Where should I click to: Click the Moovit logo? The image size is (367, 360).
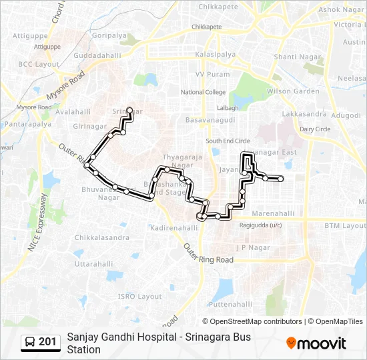click(x=316, y=343)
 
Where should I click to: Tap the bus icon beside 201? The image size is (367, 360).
click(x=30, y=343)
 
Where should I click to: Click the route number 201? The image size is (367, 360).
click(x=47, y=343)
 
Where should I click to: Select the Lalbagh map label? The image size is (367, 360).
click(x=228, y=107)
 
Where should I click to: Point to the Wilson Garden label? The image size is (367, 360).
click(x=293, y=91)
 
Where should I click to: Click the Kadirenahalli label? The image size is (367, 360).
click(x=174, y=227)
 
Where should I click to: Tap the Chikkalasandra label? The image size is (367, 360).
click(x=102, y=237)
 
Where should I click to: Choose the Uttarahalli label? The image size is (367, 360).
click(x=93, y=264)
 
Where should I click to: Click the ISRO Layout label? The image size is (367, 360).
click(x=140, y=296)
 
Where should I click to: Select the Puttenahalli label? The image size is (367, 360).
click(x=230, y=304)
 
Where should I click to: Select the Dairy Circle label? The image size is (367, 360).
click(x=315, y=129)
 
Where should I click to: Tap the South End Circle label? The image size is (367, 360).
click(x=228, y=141)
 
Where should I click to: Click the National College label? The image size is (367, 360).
click(x=203, y=92)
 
